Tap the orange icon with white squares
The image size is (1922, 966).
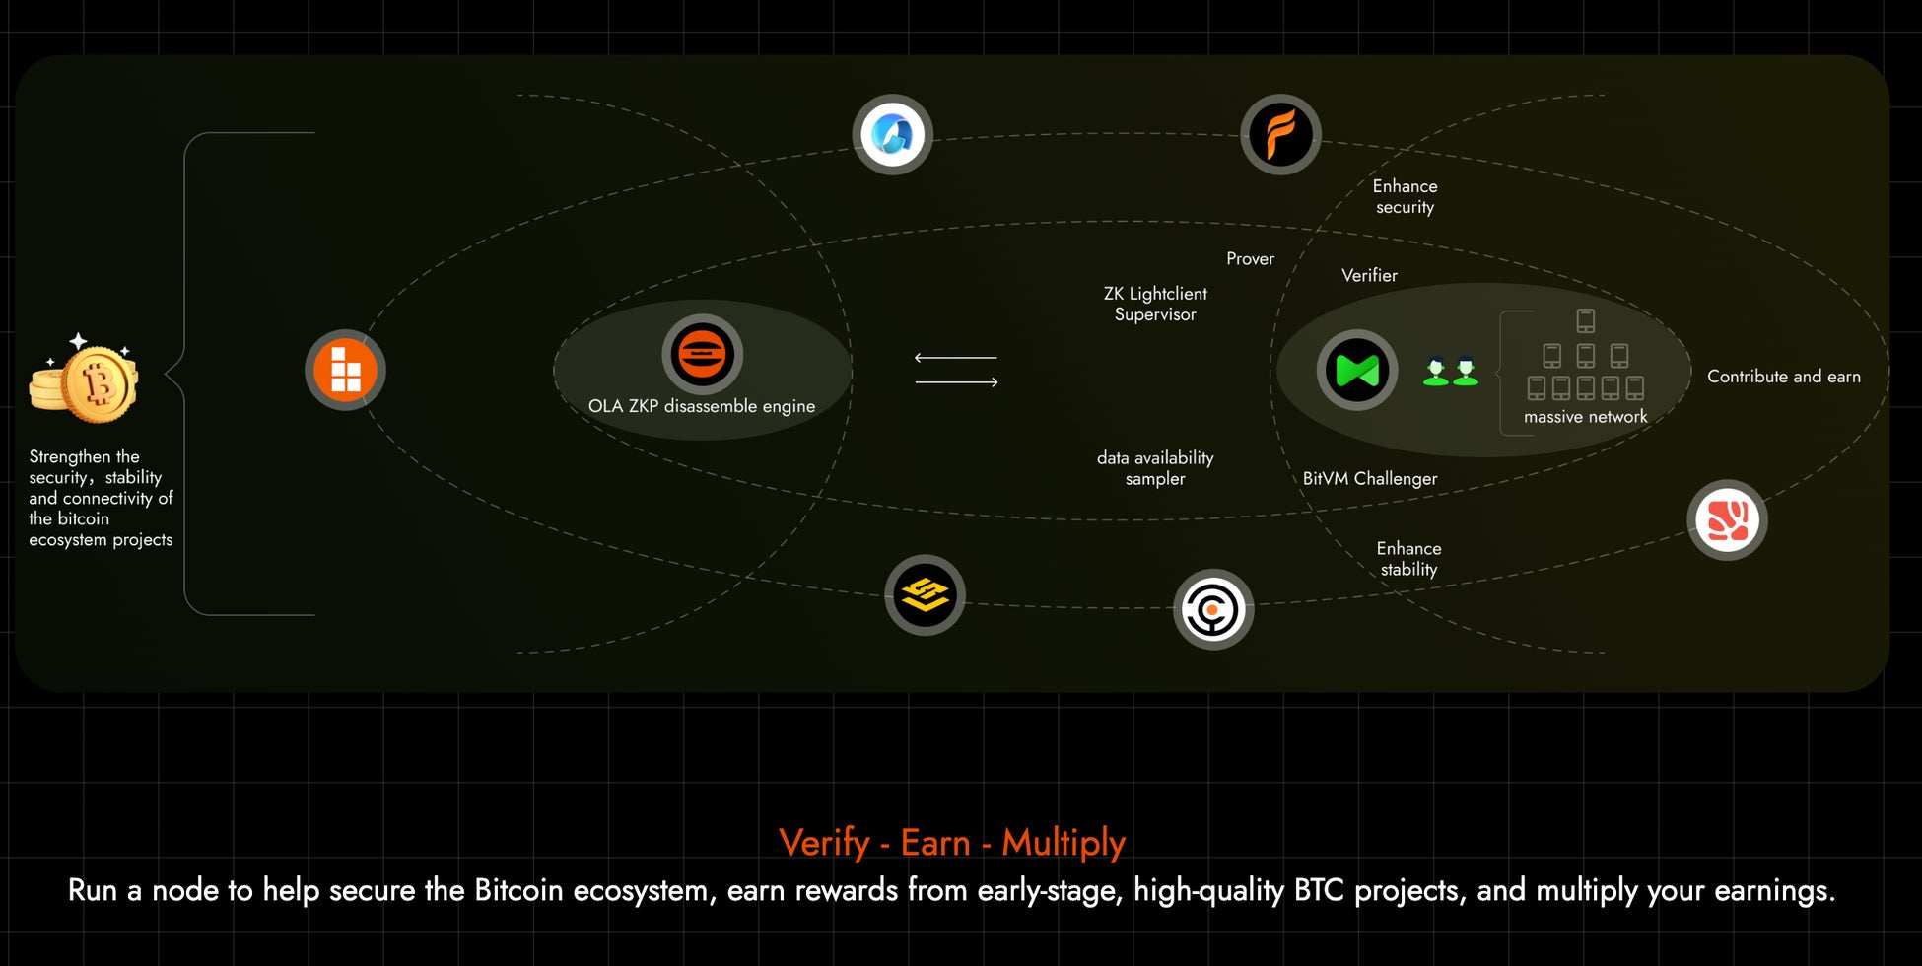point(345,370)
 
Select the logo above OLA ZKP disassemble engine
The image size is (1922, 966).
point(702,354)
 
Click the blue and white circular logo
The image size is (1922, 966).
point(892,134)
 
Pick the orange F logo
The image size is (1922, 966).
point(1279,134)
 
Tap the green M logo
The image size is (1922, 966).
point(1356,371)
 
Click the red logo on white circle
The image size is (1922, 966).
point(1727,519)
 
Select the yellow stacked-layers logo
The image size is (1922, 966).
point(925,594)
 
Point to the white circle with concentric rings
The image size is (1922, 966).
point(1212,609)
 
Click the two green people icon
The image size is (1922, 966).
point(1451,371)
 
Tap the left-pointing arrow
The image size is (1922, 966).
point(955,358)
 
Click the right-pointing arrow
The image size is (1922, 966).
point(956,382)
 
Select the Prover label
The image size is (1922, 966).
point(1250,258)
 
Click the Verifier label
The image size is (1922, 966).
point(1369,275)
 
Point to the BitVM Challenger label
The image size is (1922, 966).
point(1369,478)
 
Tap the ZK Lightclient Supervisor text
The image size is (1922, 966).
point(1155,304)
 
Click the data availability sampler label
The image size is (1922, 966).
point(1155,468)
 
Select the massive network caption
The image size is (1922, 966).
point(1585,417)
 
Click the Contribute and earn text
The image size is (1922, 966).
point(1783,377)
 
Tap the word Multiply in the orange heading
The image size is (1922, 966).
point(1064,843)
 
